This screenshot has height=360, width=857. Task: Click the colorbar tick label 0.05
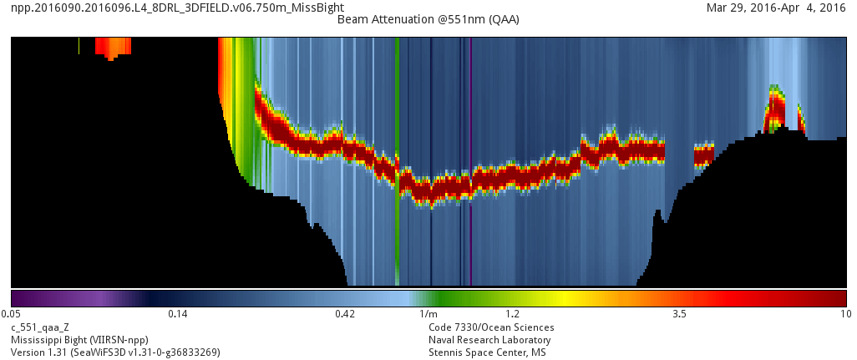11,315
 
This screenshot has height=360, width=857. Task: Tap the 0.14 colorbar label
177,315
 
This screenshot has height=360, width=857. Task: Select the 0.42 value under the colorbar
345,315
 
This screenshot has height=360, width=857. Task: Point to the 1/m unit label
428,315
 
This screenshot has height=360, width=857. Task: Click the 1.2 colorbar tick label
513,315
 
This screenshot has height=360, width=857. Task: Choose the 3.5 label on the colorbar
679,315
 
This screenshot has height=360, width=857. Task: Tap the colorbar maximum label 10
845,315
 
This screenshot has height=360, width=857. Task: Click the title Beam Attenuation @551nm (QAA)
428,19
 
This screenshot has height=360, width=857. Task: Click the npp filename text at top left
177,8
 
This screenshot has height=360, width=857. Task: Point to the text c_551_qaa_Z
39,327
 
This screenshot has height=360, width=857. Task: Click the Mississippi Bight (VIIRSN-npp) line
79,340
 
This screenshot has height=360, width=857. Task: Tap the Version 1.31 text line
115,352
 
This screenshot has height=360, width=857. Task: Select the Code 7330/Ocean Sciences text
491,327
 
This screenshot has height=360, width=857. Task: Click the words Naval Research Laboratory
489,340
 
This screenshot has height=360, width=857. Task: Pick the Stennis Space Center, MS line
488,352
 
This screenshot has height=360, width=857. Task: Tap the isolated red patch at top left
113,46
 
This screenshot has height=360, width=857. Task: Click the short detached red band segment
704,155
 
